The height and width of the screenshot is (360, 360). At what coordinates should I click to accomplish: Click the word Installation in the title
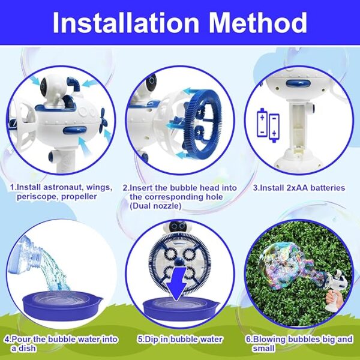tap(126, 23)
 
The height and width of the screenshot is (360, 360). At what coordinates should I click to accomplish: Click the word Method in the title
tap(258, 23)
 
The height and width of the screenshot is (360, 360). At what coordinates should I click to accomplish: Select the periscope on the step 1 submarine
tap(73, 85)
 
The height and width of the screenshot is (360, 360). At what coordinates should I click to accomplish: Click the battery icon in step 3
tap(268, 125)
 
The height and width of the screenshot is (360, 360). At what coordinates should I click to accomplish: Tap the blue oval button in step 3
tap(298, 83)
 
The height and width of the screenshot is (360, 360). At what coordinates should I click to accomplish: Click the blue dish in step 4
tap(62, 305)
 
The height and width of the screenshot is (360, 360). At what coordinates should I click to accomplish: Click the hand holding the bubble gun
tap(332, 297)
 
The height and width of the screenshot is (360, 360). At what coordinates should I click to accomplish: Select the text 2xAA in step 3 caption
tap(297, 188)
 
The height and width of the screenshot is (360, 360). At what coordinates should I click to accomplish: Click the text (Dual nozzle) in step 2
tap(155, 206)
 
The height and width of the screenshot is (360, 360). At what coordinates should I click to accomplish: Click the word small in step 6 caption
tap(263, 348)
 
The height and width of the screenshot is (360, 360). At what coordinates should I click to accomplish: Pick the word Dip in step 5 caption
tap(152, 339)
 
